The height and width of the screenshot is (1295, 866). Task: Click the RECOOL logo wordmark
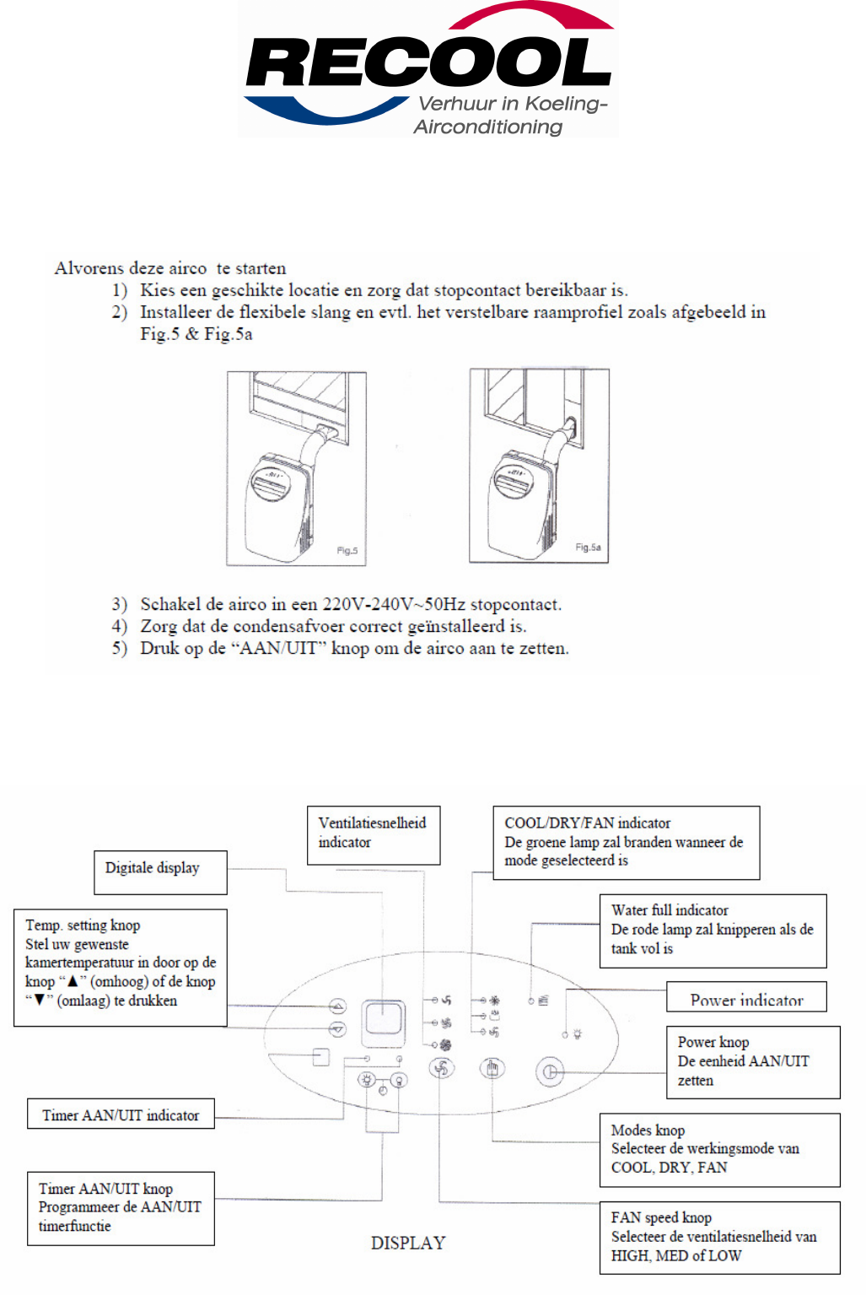pos(428,63)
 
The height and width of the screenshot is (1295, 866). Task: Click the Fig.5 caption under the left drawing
pos(347,551)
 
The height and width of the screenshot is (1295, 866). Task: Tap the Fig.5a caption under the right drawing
pos(588,548)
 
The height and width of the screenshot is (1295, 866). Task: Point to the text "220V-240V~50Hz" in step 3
pos(394,604)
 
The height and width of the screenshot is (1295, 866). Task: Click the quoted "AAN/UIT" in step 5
pos(280,648)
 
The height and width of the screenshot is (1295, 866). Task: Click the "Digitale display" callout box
pos(160,871)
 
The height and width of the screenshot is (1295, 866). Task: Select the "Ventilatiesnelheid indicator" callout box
pos(373,834)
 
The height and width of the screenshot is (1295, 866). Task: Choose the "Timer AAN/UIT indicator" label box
pos(121,1114)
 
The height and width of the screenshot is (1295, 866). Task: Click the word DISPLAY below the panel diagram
pos(408,1243)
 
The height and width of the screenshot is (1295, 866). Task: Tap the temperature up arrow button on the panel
pos(337,1006)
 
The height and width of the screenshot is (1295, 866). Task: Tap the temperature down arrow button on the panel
pos(337,1028)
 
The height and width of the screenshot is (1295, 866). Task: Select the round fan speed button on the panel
pos(441,1069)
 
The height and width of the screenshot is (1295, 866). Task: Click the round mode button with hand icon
pos(492,1069)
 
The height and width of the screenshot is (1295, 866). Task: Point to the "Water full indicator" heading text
pos(670,910)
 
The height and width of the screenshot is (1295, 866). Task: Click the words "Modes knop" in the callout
pos(648,1130)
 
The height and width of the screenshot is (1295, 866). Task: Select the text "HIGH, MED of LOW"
pos(676,1255)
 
